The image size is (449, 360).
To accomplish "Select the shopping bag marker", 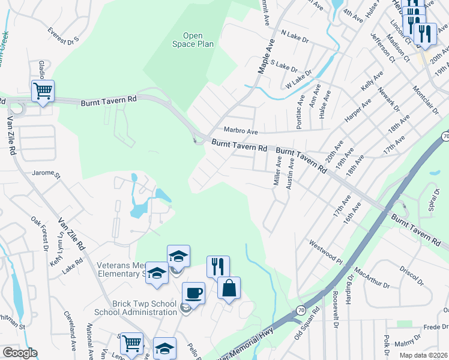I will [x=229, y=288].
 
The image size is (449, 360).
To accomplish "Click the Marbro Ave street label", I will [x=240, y=131].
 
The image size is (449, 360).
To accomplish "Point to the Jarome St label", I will [x=47, y=175].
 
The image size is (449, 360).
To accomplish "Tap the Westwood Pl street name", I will [x=325, y=249].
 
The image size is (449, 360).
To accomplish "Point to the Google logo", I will [x=19, y=353].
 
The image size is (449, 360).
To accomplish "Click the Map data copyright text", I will [x=424, y=355].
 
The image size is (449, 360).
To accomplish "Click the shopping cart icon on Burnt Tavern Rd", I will [x=43, y=92].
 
